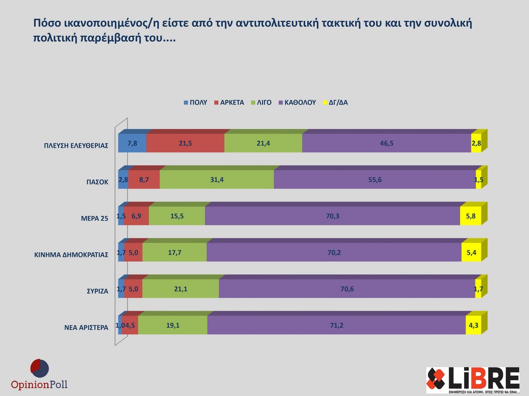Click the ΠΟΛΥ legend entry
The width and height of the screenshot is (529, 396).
(x=195, y=102)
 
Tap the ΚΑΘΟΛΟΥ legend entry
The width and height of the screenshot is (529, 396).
(x=297, y=102)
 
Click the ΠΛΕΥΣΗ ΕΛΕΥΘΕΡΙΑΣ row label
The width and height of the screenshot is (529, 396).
(x=76, y=146)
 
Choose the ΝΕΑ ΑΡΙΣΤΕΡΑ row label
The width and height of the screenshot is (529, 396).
(x=86, y=328)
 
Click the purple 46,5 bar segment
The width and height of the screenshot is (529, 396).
(x=386, y=143)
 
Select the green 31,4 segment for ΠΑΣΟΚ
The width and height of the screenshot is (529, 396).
(x=217, y=180)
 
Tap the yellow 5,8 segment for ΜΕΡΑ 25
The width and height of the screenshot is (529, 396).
(x=470, y=216)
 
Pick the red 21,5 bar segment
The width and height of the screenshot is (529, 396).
(x=185, y=143)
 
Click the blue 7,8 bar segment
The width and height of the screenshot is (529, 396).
(x=132, y=143)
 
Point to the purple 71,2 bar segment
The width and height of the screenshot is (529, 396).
(x=336, y=325)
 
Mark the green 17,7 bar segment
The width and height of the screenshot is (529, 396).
(x=174, y=252)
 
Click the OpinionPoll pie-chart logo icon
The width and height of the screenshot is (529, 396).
(x=40, y=369)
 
